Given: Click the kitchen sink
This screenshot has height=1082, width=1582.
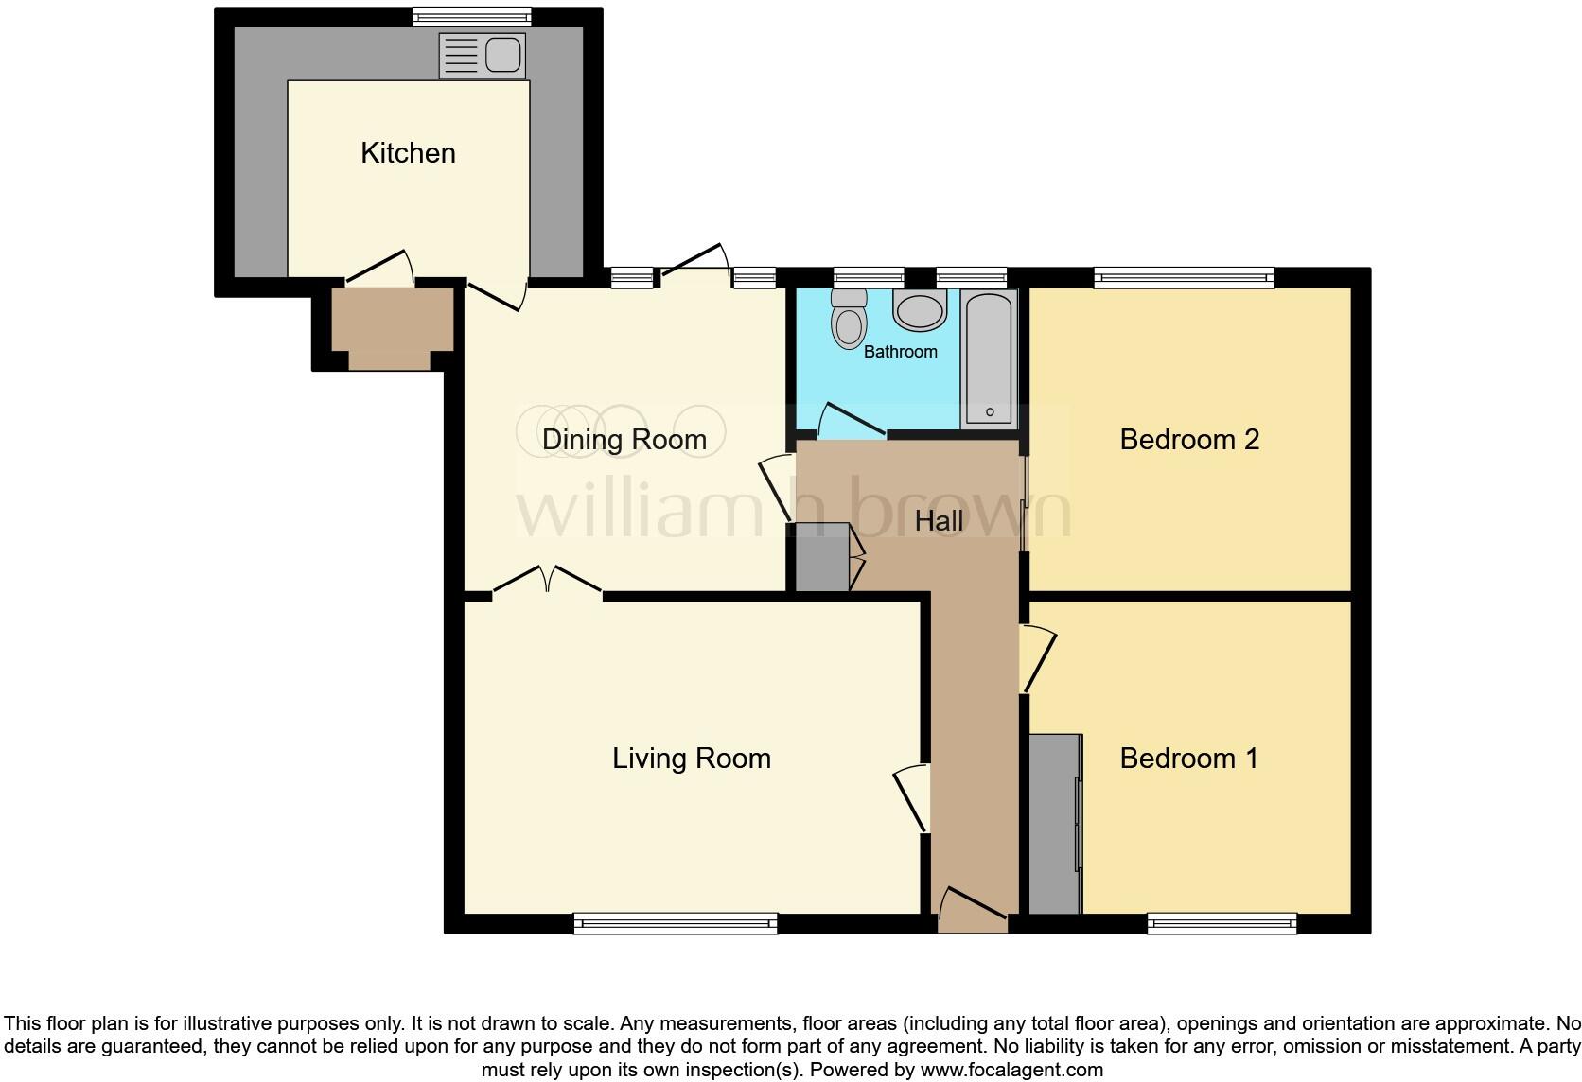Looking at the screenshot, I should [483, 55].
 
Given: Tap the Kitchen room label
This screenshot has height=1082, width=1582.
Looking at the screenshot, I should [408, 153].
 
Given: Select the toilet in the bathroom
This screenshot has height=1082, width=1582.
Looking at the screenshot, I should [849, 319].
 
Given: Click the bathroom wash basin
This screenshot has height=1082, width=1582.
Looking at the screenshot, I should [919, 310].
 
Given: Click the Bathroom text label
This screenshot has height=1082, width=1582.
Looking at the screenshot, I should [900, 352].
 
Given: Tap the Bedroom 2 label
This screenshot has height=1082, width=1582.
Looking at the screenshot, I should [1189, 440].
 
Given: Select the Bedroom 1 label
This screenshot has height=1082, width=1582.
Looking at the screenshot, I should [1188, 759].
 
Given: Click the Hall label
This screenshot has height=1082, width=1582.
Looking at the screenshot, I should [939, 521].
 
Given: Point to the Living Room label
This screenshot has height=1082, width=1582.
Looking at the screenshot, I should [692, 759].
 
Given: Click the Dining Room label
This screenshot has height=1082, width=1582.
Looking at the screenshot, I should [624, 440].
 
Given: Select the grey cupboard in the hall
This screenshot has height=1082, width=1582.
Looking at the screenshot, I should [822, 557].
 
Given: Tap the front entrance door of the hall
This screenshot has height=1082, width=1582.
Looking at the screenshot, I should [973, 908].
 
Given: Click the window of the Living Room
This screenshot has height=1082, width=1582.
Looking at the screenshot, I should [676, 923].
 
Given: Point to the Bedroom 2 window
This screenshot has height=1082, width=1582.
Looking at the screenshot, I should [1184, 278].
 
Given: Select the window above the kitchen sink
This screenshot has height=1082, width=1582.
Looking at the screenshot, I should [472, 16].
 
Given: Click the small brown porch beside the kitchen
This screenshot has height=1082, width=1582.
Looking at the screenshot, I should [392, 327].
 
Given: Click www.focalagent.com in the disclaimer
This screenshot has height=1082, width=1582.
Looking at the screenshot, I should [1011, 1071].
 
